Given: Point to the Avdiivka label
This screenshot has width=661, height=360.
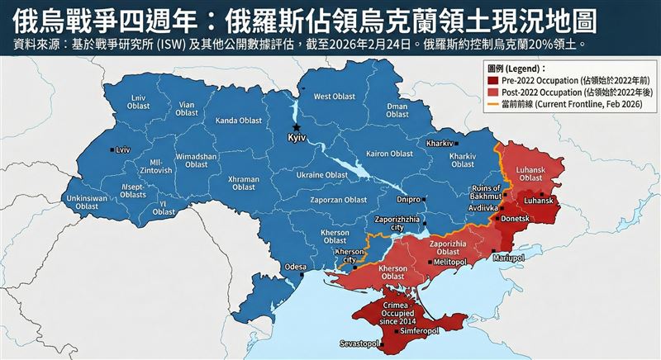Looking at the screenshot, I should (x=484, y=209).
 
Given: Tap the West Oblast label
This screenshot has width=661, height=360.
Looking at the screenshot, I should (x=334, y=97).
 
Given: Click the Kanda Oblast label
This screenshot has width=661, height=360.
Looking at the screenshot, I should (x=238, y=122).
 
